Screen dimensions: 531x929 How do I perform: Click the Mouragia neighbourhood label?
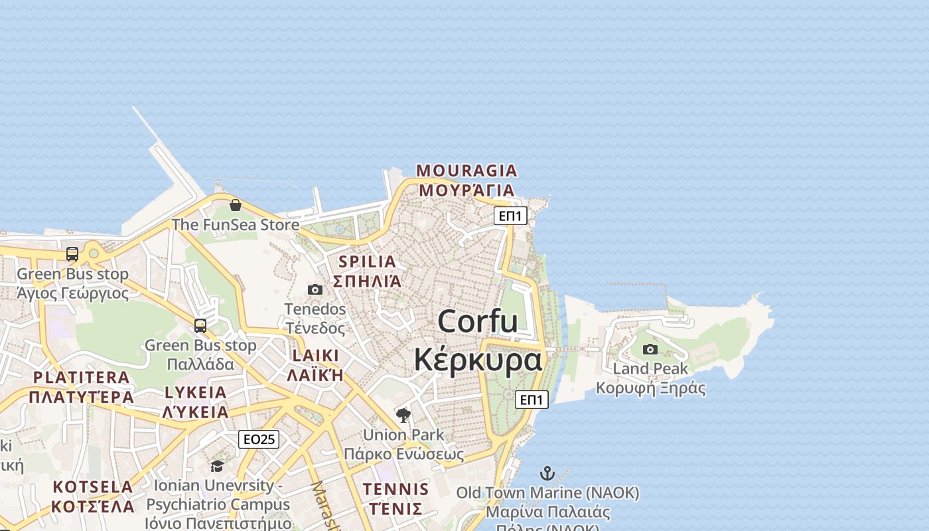pos(466,180)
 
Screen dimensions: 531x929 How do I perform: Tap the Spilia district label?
pos(367,271)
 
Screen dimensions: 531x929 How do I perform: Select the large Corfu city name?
pos(478,341)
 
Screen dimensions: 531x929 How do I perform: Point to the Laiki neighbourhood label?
pos(315,364)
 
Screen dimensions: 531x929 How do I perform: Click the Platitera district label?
pos(82,387)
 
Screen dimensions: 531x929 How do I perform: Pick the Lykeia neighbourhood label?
pos(196,402)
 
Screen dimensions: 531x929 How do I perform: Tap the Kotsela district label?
pos(93,496)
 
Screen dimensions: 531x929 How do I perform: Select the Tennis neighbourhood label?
pos(395,499)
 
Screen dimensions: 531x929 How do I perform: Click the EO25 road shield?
pos(259,439)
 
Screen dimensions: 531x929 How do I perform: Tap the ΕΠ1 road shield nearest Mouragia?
pos(510,216)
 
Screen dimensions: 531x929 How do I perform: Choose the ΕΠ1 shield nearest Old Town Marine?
pos(532,400)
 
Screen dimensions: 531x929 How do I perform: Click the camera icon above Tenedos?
pos(315,289)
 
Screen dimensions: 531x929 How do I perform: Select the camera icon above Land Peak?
pos(650,349)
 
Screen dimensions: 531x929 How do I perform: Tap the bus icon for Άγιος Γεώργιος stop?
pos(72,254)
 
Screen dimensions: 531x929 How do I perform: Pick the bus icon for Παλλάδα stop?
pos(200,326)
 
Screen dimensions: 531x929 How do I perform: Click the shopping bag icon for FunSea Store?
pos(236,205)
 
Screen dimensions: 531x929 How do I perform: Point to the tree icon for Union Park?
pos(403,416)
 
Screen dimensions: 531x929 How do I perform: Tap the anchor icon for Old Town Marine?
pos(547,473)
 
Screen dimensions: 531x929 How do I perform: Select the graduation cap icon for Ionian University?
pos(218,466)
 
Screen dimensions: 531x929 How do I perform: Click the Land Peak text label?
pos(650,368)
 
